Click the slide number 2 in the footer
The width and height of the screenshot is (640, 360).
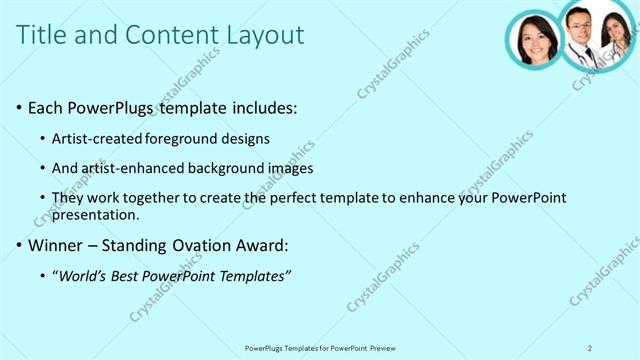[x=590, y=348]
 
